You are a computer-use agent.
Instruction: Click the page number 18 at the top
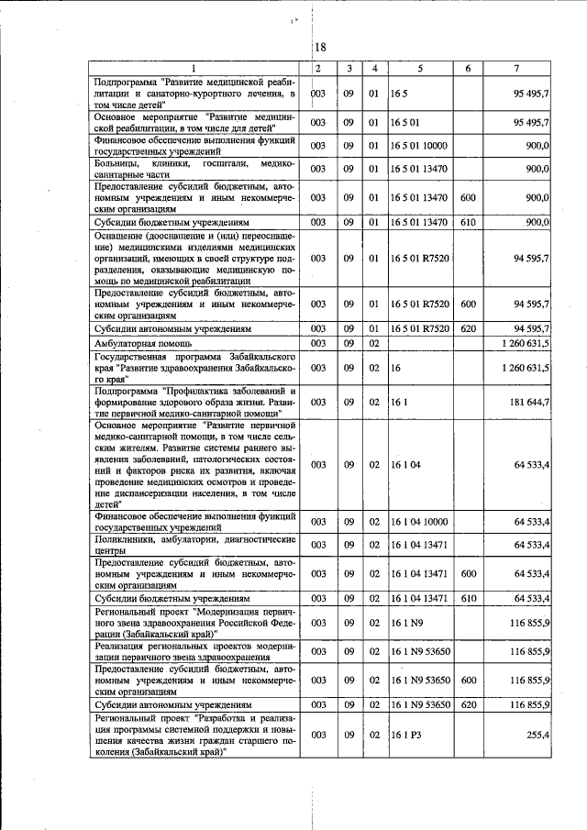click(x=319, y=48)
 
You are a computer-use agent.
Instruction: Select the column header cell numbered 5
click(x=419, y=69)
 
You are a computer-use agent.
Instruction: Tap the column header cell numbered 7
click(x=516, y=69)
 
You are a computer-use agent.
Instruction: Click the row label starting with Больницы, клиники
click(x=195, y=169)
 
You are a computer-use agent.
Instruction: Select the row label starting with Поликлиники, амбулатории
click(x=195, y=546)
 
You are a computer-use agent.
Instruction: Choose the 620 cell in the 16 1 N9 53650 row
click(x=468, y=705)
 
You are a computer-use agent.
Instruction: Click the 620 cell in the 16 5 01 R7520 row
click(x=468, y=327)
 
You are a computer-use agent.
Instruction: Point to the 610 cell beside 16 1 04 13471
click(x=468, y=598)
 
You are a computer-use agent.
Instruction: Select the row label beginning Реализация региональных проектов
click(x=195, y=650)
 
